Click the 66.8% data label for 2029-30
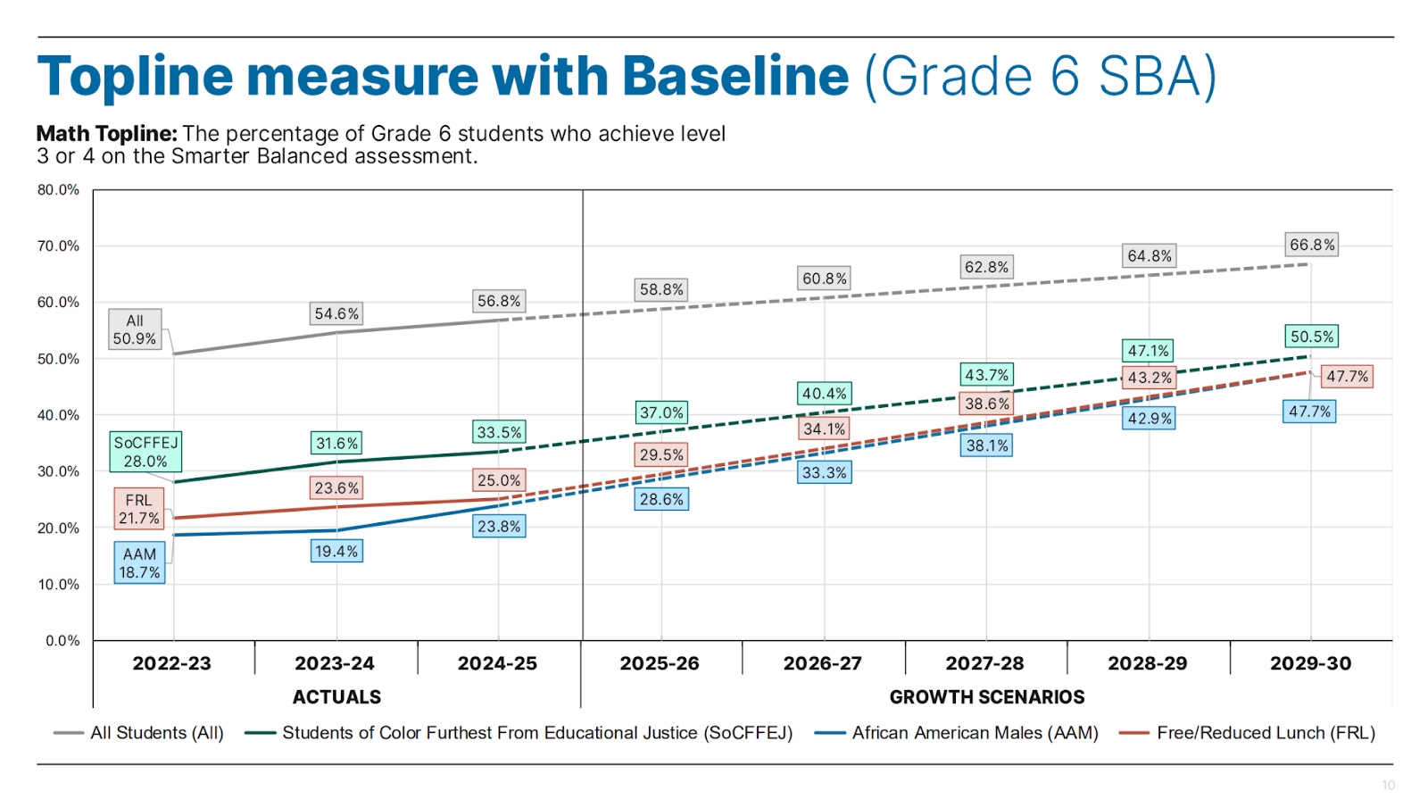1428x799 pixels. (x=1312, y=245)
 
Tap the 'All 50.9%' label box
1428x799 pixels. (x=135, y=329)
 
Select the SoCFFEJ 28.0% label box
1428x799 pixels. (x=145, y=452)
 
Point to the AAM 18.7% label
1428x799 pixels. (x=139, y=563)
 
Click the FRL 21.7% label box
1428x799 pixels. (x=139, y=509)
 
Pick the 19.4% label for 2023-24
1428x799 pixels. (x=336, y=552)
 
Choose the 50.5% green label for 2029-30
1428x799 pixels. (x=1312, y=337)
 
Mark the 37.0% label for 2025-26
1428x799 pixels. (x=661, y=412)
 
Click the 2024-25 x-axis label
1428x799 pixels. (x=497, y=663)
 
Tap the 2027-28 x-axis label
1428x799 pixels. (x=984, y=663)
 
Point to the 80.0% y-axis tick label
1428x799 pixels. (x=58, y=189)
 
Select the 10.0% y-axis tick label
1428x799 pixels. (x=58, y=584)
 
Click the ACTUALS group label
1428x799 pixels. (x=336, y=696)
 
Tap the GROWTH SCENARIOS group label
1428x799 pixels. (x=986, y=696)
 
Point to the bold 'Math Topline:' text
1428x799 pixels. (x=107, y=134)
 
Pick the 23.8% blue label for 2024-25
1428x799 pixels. (x=499, y=527)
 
